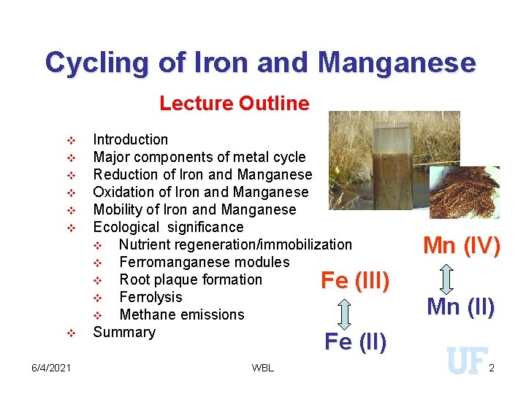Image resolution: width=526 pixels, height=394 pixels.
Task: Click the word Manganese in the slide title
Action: pos(397,63)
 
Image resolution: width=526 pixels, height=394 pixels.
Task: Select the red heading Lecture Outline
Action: pos(234,104)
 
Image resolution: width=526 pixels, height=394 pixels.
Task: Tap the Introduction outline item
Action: pos(130,139)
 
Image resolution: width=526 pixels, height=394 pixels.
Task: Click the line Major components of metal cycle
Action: pos(199,157)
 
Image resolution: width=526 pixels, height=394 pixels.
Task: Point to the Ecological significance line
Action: pos(168,227)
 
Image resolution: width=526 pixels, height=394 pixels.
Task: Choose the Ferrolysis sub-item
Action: pos(150,297)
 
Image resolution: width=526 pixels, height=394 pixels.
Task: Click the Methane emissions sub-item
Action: pos(181,314)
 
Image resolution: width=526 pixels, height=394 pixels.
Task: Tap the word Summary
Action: pos(124,332)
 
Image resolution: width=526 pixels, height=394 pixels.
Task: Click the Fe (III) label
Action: pos(355,281)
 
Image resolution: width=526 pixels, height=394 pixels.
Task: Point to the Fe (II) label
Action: pos(355,341)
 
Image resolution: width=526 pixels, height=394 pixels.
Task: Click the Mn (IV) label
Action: pos(462,246)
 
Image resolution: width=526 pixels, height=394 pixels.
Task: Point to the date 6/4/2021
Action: pos(51,367)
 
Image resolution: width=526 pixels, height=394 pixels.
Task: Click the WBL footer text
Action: pos(262,368)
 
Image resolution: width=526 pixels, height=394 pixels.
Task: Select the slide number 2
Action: pos(492,368)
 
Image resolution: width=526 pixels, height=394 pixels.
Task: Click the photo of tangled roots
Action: pos(463,191)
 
